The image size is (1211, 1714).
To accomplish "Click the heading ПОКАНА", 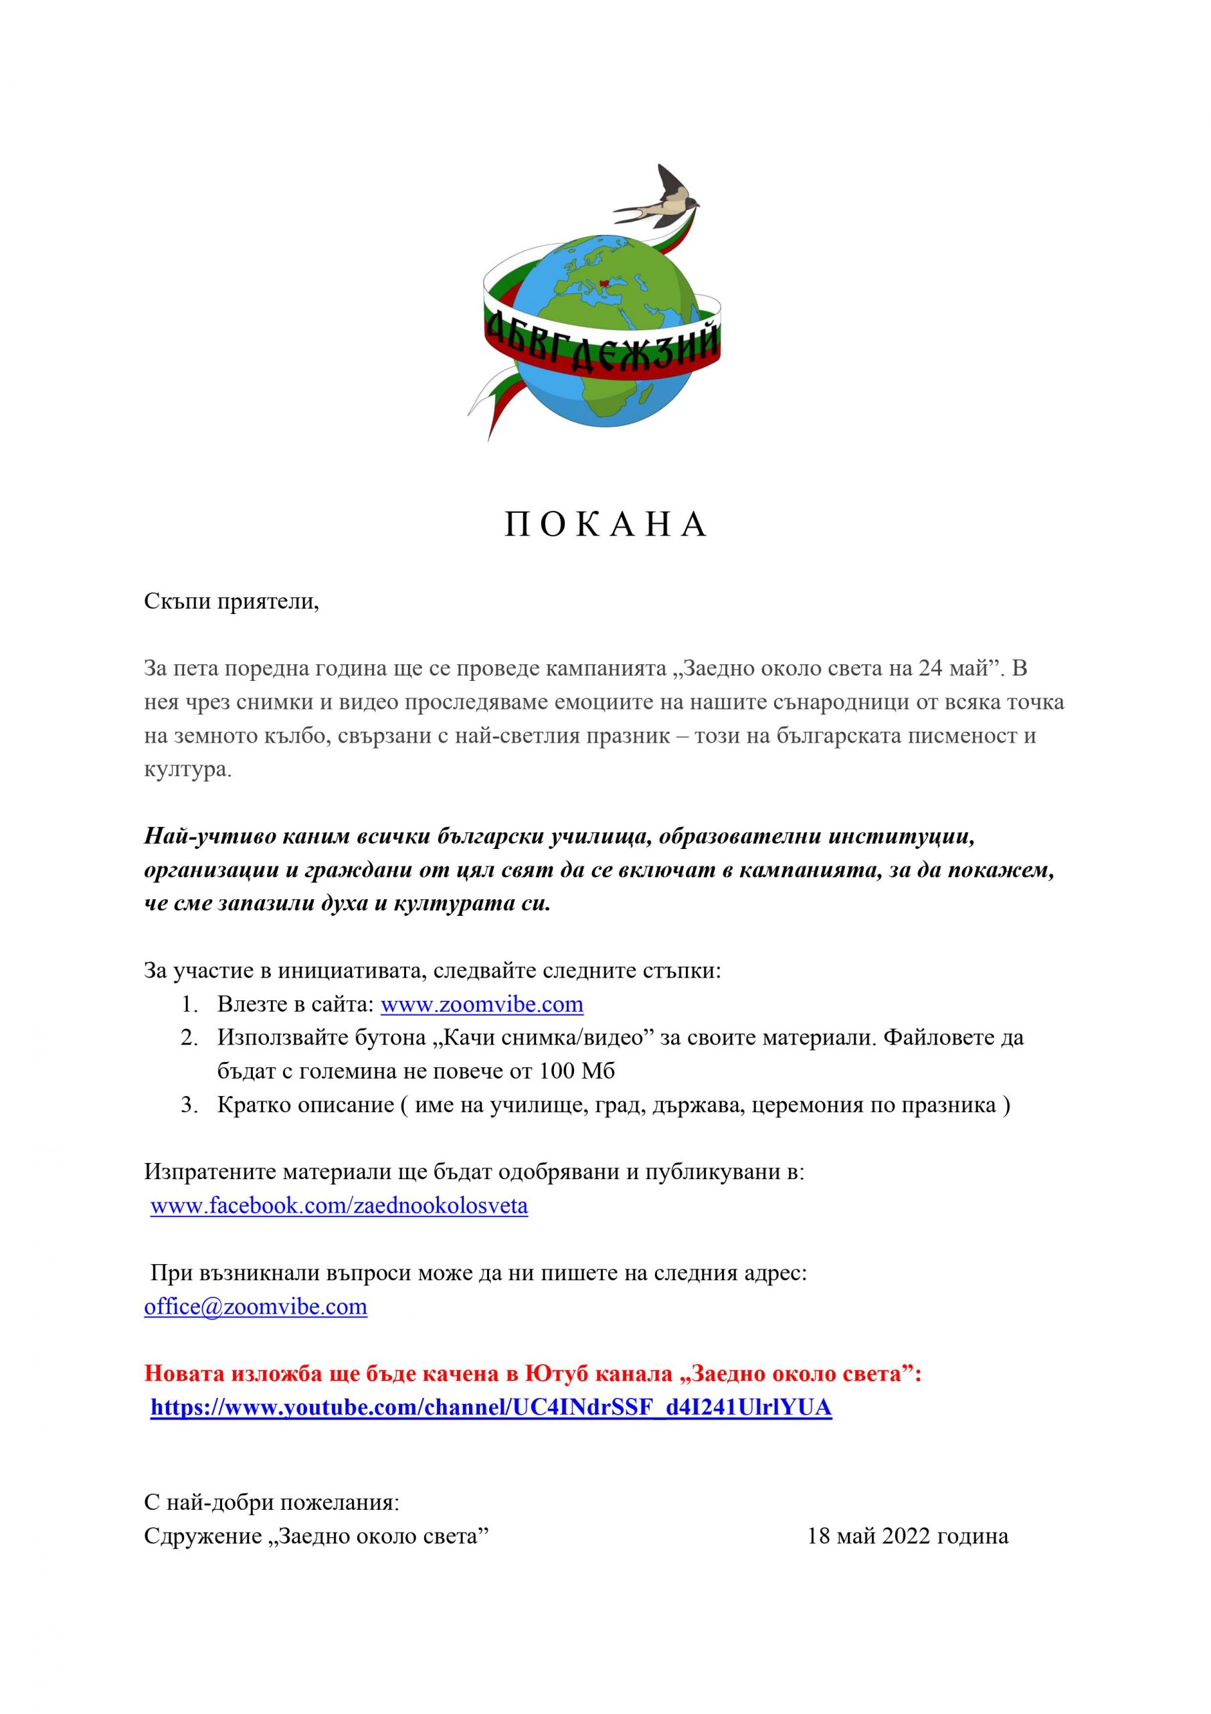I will (605, 526).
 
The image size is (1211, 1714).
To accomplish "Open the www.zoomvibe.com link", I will (482, 1004).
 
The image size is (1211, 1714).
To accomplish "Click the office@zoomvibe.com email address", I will (255, 1306).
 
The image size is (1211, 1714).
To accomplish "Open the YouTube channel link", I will (491, 1407).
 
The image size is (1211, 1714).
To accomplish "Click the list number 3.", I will (188, 1105).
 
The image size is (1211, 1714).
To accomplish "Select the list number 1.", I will (188, 1004).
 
